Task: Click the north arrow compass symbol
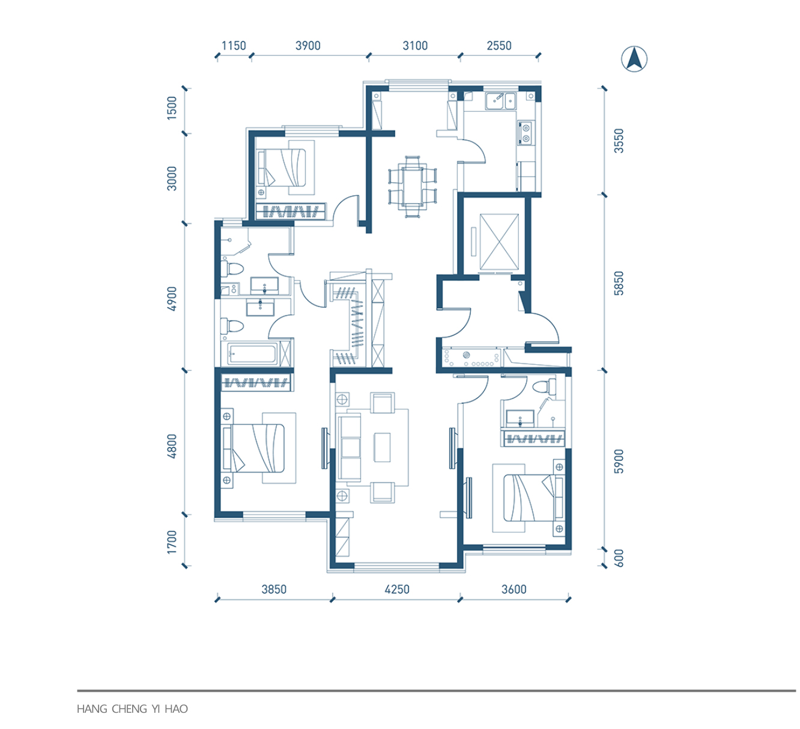pos(634,59)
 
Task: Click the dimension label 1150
pos(234,46)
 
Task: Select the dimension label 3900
pos(308,46)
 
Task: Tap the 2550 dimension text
pos(499,46)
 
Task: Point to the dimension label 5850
pos(619,283)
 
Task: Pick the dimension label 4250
pos(397,589)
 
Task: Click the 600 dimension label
pos(619,558)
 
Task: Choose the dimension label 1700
pos(172,542)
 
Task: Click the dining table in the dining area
pos(413,187)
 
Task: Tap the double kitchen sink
pos(500,101)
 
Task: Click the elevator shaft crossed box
pos(499,242)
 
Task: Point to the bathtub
pos(252,354)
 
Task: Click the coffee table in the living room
pos(382,447)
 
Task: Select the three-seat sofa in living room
pos(349,447)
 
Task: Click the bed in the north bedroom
pos(282,167)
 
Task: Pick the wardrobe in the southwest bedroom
pos(256,383)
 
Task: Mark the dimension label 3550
pos(619,141)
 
